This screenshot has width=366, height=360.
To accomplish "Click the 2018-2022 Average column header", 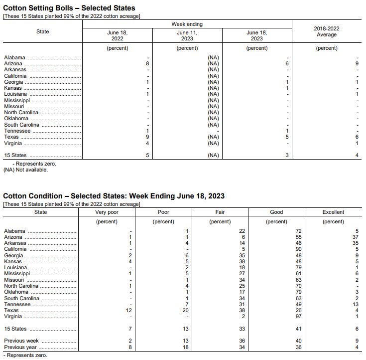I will click(327, 31).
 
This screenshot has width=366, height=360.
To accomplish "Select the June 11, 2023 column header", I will click(187, 35).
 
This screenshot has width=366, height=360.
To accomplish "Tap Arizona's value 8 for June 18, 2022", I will click(147, 64).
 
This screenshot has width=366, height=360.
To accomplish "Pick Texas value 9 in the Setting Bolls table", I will click(147, 137).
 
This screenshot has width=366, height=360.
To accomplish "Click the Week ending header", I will click(187, 24).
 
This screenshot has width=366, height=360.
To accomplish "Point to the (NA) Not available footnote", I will click(26, 170).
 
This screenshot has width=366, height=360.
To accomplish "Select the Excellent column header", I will click(333, 212).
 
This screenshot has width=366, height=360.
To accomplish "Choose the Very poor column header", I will click(107, 212).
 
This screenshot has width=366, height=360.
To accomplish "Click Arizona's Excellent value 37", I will click(355, 237).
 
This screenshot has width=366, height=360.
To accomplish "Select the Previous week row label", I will click(21, 341).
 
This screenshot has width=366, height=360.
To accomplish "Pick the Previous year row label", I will click(20, 347).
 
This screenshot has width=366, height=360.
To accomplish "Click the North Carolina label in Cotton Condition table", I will click(21, 286).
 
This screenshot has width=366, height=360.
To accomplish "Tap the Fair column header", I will click(220, 212).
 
